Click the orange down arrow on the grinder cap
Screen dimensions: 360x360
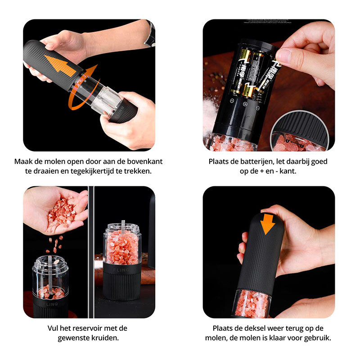coord(267,224)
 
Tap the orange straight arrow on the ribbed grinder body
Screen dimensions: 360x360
coord(60,66)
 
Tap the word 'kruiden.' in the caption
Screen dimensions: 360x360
coord(105,338)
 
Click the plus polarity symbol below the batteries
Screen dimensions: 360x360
coord(245,104)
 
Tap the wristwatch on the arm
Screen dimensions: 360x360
coord(150,33)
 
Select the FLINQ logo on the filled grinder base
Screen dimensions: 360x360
coord(121,270)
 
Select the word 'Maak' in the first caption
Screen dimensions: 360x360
coord(22,162)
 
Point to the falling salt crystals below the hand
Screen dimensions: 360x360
coord(55,244)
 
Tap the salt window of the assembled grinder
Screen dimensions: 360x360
coord(252,303)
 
